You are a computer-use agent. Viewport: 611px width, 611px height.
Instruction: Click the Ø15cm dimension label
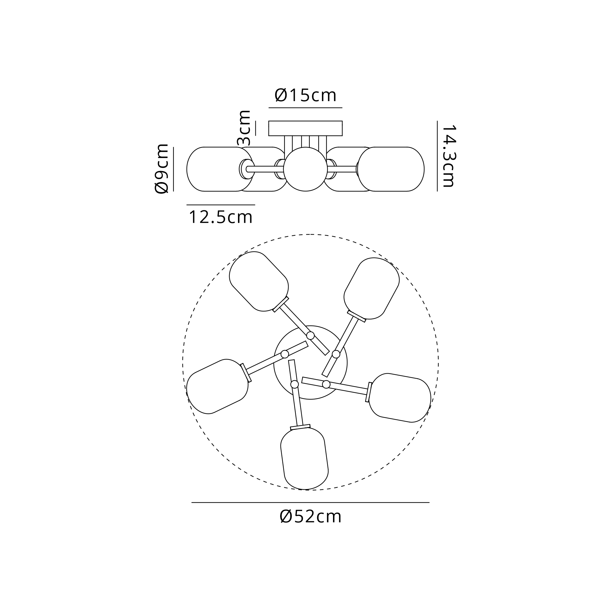click(305, 95)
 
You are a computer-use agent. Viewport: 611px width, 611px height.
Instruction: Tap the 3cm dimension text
click(244, 128)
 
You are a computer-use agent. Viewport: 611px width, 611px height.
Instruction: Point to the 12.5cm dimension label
click(221, 217)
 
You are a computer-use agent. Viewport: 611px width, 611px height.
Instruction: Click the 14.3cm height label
click(448, 156)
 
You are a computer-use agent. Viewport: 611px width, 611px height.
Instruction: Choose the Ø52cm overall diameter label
click(311, 517)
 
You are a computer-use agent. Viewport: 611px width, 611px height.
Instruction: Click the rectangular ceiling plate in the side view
click(305, 128)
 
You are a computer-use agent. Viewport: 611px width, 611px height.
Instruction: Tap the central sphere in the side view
click(305, 169)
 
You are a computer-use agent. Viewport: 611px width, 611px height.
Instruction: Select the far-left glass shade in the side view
click(221, 169)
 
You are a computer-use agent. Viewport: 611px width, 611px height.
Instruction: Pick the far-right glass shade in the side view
click(391, 169)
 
